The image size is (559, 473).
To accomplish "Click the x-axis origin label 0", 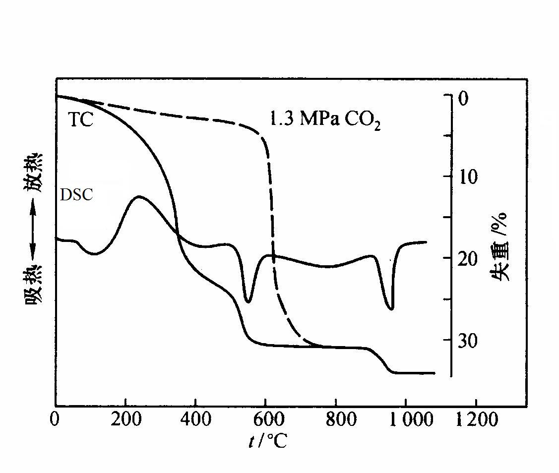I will click(55, 420).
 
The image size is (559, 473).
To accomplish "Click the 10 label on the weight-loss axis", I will click(468, 177).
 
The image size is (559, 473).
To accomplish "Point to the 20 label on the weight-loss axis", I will click(468, 258).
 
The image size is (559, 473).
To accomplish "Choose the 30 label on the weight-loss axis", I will click(468, 340).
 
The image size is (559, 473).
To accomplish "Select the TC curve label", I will click(80, 119).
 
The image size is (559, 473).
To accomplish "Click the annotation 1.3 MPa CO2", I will click(325, 120).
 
